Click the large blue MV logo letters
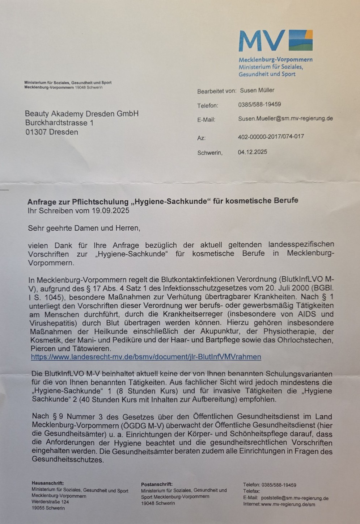261,41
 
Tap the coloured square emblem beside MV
300,40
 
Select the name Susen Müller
257,90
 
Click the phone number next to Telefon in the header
259,104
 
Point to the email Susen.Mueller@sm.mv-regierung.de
285,118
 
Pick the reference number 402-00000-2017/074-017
271,137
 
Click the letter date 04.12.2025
252,152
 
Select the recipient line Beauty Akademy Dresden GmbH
81,114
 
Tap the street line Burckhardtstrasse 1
59,123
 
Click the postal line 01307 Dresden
52,132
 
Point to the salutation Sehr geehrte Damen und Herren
84,228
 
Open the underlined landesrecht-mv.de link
146,357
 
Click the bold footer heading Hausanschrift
48,483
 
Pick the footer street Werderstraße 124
50,502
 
